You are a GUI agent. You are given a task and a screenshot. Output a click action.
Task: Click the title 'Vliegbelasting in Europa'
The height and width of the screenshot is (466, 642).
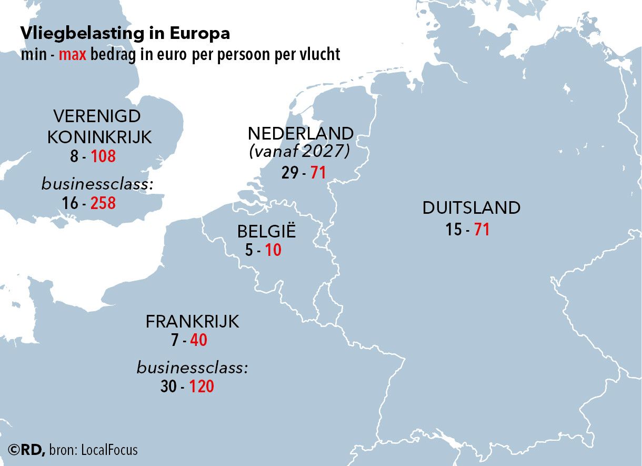125,33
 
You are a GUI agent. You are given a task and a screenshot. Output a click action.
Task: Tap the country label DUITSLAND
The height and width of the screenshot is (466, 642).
471,208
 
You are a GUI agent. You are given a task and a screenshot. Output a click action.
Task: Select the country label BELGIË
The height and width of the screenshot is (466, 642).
266,231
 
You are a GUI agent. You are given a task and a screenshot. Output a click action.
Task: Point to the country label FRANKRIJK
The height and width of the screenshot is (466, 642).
192,321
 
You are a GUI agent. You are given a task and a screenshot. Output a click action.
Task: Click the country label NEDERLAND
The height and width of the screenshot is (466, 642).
300,133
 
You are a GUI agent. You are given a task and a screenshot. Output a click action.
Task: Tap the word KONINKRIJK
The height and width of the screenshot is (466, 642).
99,137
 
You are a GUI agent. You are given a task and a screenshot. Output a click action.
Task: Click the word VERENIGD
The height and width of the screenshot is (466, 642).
97,116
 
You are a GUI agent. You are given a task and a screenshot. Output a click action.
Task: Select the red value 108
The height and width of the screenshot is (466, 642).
103,156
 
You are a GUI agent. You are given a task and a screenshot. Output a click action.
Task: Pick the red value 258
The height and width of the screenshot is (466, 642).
103,203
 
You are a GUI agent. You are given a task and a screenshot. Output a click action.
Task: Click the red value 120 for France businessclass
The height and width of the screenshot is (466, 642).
202,386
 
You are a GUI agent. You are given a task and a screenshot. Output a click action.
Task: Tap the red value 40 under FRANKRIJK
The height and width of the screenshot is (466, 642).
198,340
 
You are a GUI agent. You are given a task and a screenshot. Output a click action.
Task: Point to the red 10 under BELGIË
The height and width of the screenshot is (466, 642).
273,250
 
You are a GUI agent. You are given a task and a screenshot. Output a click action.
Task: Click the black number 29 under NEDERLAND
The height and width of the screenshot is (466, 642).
290,172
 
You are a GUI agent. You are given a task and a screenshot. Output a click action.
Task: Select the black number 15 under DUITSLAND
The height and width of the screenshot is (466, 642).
454,230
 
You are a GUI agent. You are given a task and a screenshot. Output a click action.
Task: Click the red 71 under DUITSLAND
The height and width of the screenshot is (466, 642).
482,230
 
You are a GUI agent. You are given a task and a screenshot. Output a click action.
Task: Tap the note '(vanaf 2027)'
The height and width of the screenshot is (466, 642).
299,152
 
